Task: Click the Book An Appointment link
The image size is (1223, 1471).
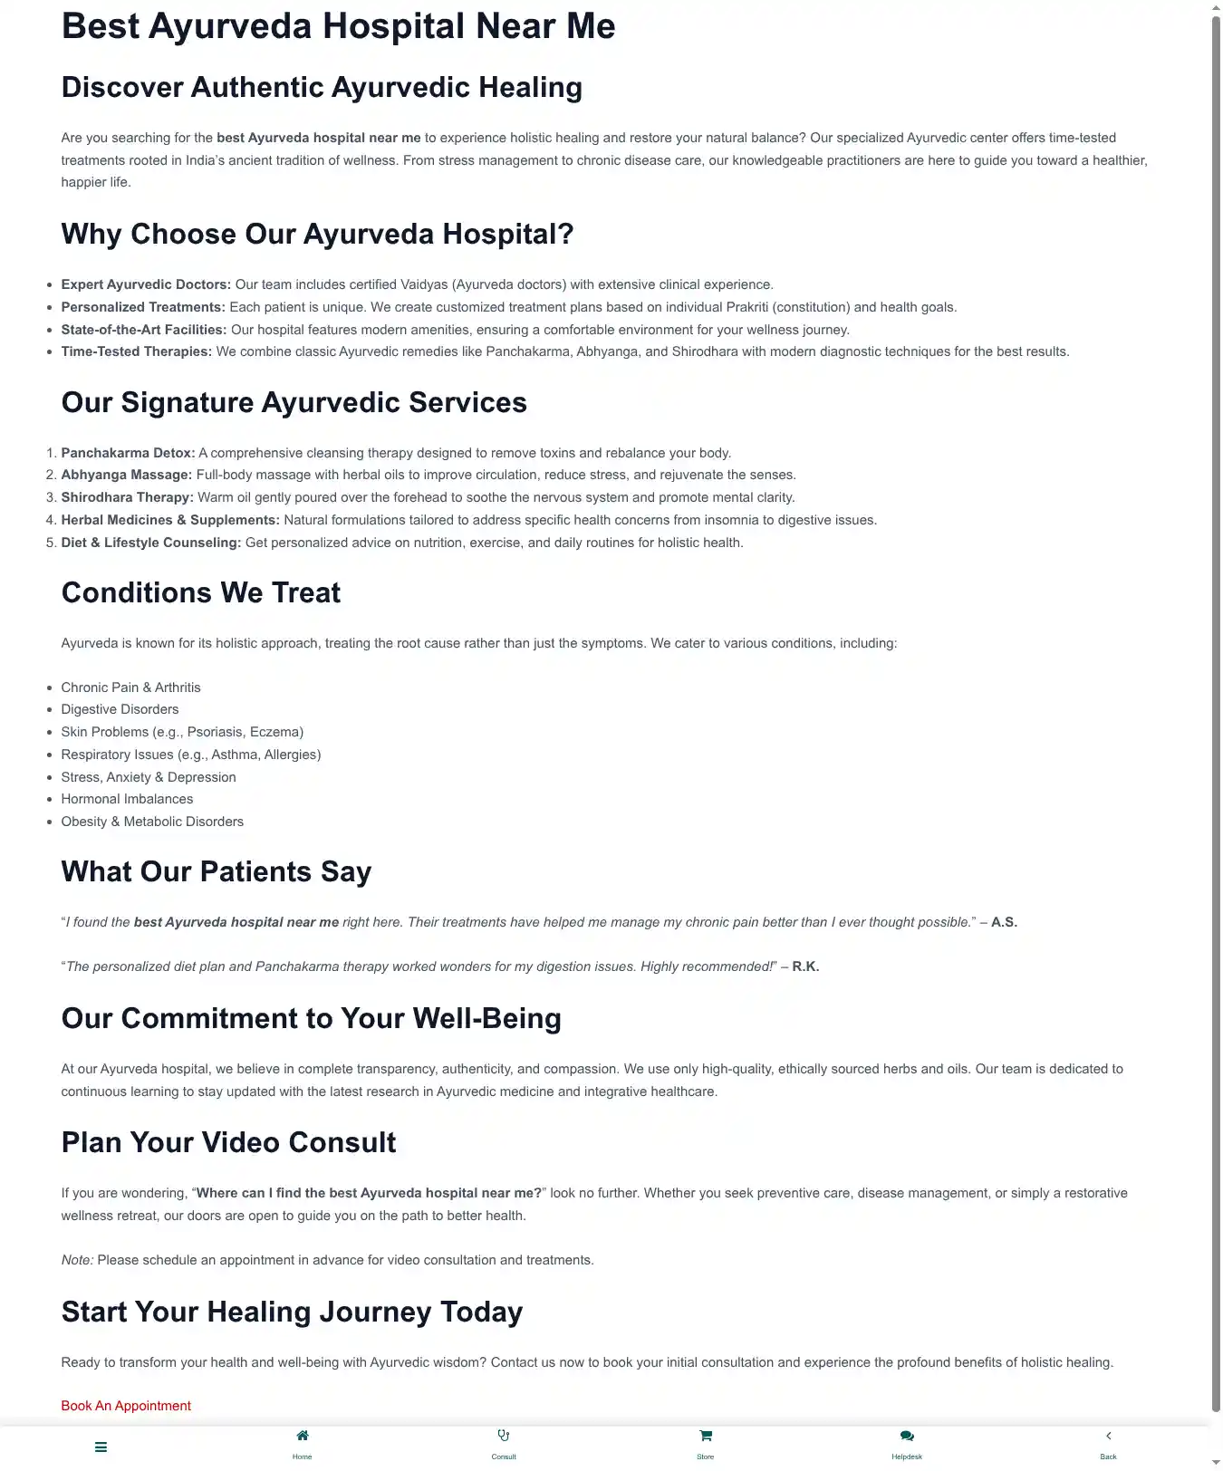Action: coord(126,1406)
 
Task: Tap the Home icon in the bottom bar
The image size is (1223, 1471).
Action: coord(303,1436)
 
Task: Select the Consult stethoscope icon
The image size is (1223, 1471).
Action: coord(504,1436)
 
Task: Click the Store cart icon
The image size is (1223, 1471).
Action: coord(706,1436)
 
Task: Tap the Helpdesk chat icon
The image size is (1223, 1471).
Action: coord(907,1436)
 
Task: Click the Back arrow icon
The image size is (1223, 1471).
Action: coord(1108,1436)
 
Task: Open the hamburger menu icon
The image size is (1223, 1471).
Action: coord(101,1447)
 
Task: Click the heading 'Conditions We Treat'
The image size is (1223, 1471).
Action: coord(200,592)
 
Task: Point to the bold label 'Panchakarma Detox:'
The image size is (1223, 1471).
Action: coord(128,453)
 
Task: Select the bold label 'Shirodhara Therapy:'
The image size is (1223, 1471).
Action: coord(127,497)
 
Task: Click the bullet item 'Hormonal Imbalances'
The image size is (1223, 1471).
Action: coord(127,799)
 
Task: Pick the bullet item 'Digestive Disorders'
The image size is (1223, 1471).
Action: coord(120,709)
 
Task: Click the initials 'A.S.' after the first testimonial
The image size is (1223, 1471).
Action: coord(1004,922)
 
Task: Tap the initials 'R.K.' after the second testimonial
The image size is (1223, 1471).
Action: coord(805,966)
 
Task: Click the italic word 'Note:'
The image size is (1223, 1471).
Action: coord(77,1260)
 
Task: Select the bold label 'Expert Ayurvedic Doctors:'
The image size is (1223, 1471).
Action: coord(146,284)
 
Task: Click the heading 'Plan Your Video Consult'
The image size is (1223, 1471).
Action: coord(228,1142)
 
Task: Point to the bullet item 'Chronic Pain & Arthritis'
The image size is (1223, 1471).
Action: coord(130,687)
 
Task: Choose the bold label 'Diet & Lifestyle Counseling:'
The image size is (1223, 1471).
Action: coord(150,543)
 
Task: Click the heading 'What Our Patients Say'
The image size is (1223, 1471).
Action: coord(216,871)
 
